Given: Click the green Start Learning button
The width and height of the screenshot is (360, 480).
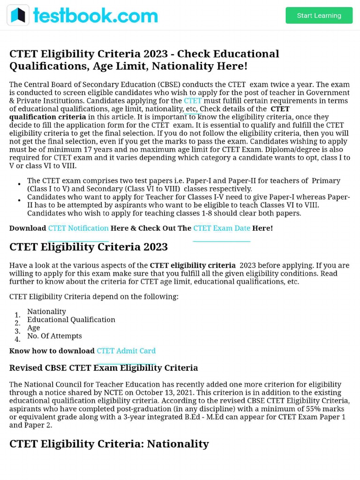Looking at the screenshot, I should pos(319,15).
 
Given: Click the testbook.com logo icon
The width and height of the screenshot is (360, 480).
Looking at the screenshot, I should pos(18,15).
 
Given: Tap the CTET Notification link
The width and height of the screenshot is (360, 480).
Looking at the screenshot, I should pos(78,228).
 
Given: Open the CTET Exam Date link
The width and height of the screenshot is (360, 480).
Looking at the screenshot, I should pos(222,228).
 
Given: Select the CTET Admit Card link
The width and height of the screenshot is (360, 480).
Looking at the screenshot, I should pos(126,351).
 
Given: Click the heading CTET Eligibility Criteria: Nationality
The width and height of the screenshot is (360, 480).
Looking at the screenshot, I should pos(109,444).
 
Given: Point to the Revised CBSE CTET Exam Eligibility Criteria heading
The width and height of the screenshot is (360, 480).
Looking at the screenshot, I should pos(104,368).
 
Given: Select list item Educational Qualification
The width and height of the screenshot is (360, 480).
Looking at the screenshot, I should pos(71,320).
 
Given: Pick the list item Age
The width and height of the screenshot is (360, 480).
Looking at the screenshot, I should pos(33,328).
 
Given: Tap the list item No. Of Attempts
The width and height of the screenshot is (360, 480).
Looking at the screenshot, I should pos(54,336).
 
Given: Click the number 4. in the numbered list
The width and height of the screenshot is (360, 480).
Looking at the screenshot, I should pos(17,339).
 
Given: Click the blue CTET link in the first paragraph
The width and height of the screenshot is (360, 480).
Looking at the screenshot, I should pos(193,101).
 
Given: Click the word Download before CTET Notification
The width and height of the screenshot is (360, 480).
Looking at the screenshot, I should pos(28,228).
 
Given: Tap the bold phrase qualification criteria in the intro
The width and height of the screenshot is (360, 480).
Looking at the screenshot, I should pos(47,117).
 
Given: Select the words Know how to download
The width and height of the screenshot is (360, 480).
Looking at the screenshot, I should pos(52,351).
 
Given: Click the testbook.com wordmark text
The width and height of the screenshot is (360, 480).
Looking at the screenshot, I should pos(95,15).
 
